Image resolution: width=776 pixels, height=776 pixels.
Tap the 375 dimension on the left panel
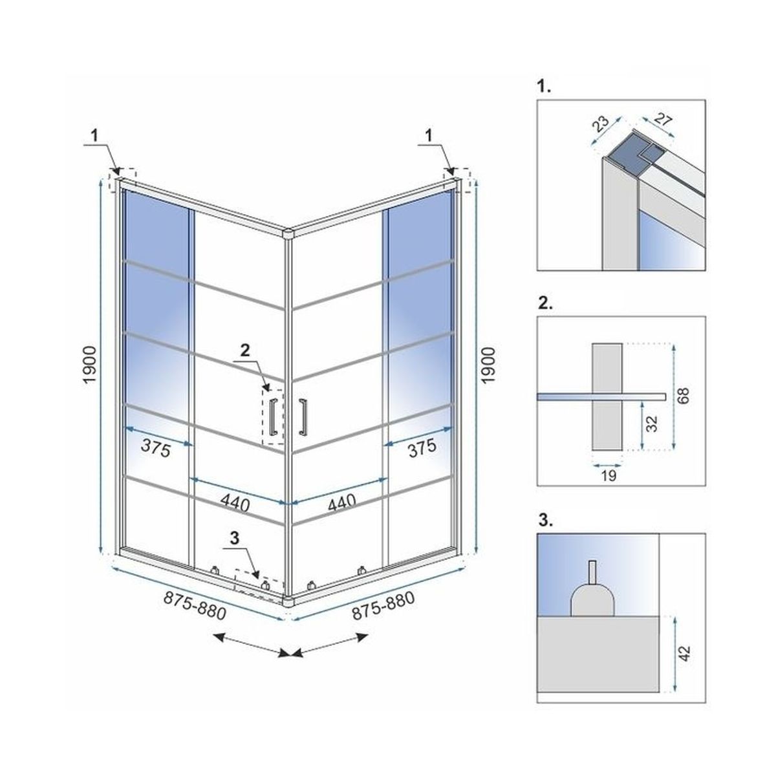tap(156, 448)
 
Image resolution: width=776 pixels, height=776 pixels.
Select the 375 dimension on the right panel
tap(422, 447)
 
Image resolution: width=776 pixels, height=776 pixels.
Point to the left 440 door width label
tap(235, 503)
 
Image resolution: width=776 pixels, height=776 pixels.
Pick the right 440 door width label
tap(341, 502)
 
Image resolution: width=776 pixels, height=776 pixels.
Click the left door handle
tap(273, 417)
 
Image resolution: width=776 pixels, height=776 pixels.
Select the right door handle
tap(303, 417)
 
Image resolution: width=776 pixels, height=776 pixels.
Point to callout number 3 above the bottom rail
tap(235, 538)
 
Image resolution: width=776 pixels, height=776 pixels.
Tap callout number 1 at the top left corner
tap(94, 136)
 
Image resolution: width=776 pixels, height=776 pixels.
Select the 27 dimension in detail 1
tap(663, 120)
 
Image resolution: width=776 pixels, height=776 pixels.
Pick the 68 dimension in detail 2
tap(684, 395)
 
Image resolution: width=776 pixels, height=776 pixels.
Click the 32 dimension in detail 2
tap(651, 423)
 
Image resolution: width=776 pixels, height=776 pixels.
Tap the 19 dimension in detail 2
tap(609, 475)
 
